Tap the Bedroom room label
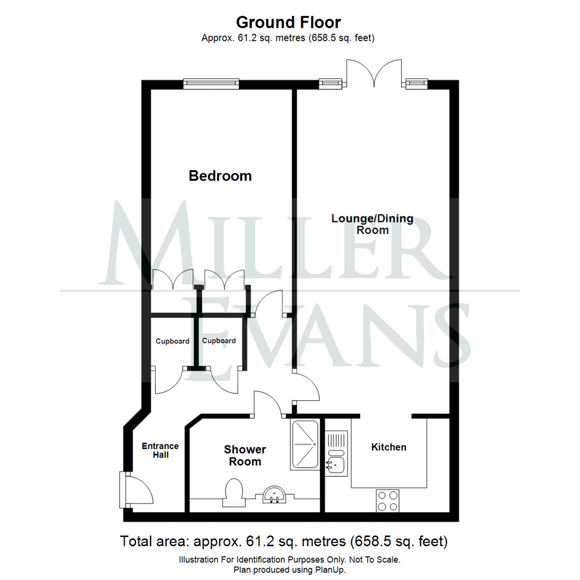coord(220,176)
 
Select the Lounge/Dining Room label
coord(372,224)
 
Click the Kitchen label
coord(389,447)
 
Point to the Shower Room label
coord(245,455)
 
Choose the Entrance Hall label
coord(160,451)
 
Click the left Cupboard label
coord(172,341)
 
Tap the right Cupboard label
coord(219,341)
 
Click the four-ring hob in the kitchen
coord(387,501)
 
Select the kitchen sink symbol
coord(335,463)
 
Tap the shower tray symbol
coord(305,445)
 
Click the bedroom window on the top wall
coord(211,83)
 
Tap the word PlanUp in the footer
coord(329,570)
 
